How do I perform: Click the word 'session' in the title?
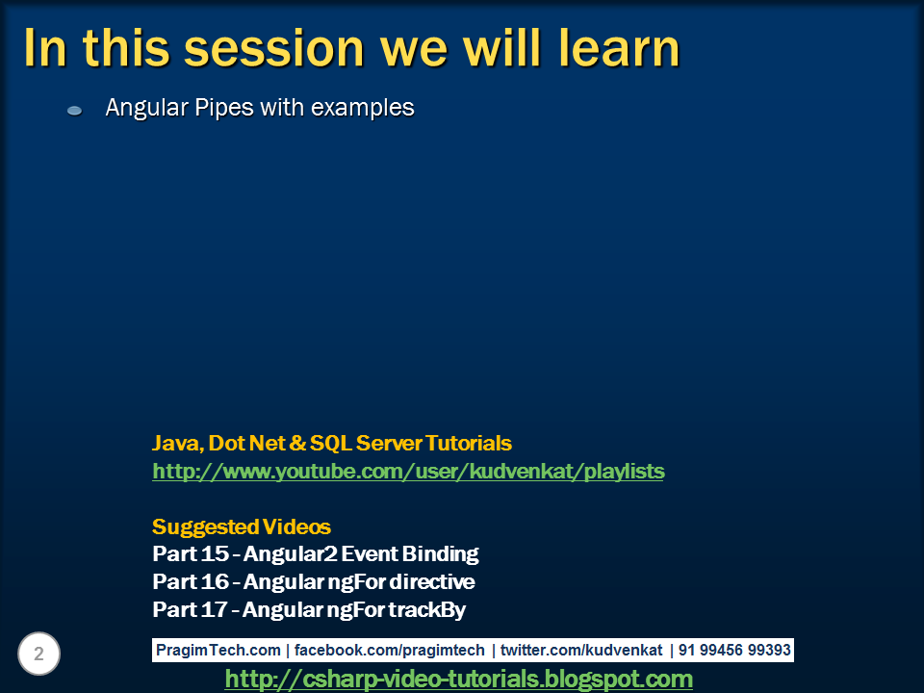(274, 48)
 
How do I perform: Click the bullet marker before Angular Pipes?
(74, 110)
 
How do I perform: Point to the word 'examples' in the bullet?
(363, 108)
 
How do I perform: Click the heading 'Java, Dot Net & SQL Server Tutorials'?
(332, 443)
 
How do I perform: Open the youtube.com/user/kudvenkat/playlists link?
(408, 472)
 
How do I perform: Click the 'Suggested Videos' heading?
(241, 526)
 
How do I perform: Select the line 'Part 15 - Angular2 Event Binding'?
(316, 554)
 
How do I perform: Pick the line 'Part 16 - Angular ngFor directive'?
(314, 581)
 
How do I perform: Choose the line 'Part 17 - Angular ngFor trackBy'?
(309, 609)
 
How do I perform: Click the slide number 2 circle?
(38, 654)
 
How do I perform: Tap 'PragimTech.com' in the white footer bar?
(218, 650)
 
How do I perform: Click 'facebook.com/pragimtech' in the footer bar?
(390, 650)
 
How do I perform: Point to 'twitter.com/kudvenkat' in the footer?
(581, 650)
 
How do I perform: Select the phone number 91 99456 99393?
(734, 650)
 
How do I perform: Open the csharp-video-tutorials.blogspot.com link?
(458, 680)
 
